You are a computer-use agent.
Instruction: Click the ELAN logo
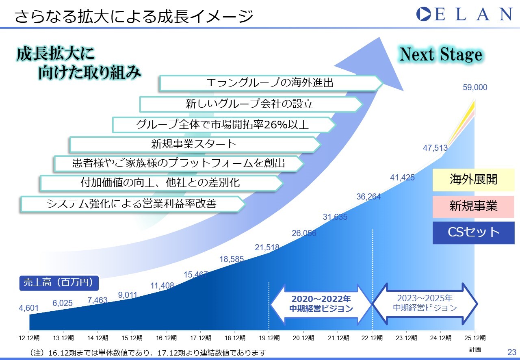(464, 14)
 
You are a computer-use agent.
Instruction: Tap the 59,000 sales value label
(475, 87)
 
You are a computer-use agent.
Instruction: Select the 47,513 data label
(435, 148)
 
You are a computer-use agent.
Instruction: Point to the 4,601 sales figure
(28, 308)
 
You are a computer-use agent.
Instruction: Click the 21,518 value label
(267, 247)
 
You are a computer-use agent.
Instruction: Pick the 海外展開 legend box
(474, 180)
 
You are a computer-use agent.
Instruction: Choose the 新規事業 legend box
(474, 206)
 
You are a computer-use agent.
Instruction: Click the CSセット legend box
(474, 233)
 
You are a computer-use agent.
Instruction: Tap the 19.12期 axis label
(269, 338)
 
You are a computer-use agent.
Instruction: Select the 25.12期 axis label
(475, 338)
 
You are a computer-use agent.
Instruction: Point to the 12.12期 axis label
(29, 338)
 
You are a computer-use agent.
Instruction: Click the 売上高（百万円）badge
(59, 283)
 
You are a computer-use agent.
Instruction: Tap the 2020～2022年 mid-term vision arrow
(321, 304)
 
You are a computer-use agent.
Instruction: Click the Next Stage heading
(441, 54)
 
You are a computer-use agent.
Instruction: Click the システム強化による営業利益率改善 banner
(133, 204)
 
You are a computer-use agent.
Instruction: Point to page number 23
(512, 352)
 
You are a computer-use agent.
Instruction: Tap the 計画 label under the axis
(475, 349)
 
